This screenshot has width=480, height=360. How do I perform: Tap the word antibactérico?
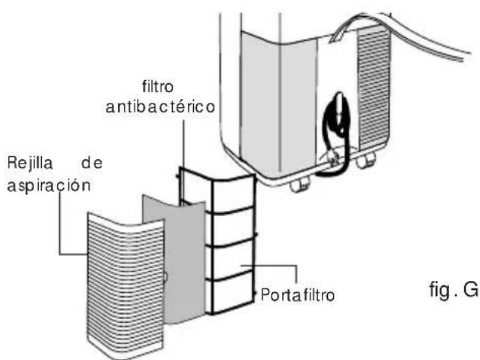(161, 108)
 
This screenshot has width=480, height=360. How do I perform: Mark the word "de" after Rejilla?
(97, 162)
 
